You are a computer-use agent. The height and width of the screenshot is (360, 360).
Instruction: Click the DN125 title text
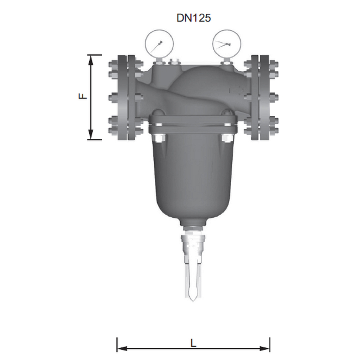(x=194, y=18)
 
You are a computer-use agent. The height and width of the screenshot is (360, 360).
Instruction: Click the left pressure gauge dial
(x=159, y=44)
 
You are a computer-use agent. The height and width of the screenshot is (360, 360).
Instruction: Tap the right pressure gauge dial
(x=227, y=44)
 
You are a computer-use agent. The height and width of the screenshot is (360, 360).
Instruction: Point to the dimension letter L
(x=194, y=343)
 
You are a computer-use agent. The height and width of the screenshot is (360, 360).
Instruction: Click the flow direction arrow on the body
(x=237, y=90)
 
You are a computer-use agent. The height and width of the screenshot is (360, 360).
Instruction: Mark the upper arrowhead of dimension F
(x=91, y=60)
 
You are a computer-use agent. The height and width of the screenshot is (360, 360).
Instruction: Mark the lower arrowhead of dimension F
(x=91, y=134)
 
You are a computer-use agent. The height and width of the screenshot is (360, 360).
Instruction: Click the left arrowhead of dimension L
(x=122, y=348)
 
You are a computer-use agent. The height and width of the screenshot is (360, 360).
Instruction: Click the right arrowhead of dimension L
(x=264, y=348)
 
